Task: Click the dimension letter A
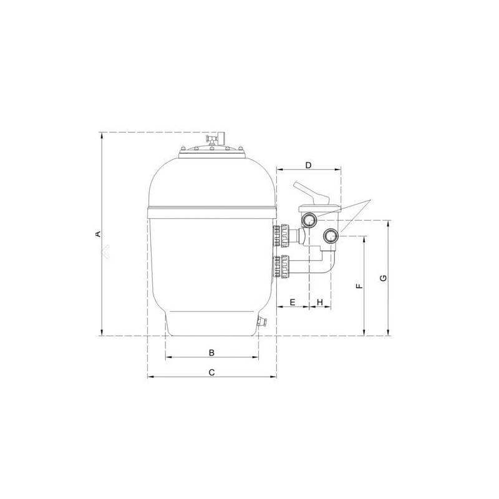97,234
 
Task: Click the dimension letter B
211,352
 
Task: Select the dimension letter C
211,372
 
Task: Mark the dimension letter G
383,278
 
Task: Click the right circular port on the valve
331,236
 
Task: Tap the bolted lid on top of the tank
211,150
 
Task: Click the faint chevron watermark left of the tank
107,251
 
